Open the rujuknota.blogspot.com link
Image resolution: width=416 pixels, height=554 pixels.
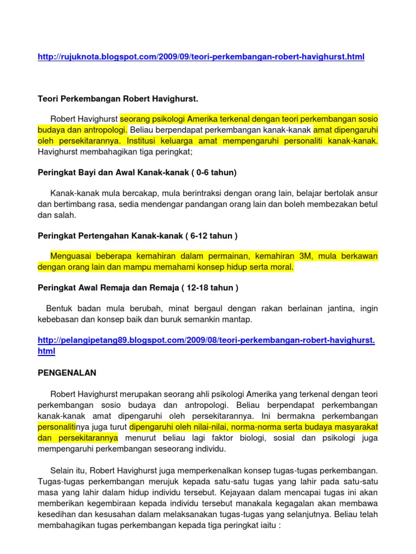click(x=201, y=57)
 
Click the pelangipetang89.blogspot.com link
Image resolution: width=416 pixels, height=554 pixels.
click(x=206, y=340)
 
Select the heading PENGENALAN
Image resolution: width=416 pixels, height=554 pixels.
click(x=67, y=373)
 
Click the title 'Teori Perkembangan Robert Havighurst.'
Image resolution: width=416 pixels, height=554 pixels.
click(x=118, y=100)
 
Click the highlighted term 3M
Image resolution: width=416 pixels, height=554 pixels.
click(x=304, y=256)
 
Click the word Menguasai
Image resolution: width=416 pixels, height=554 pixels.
click(x=71, y=256)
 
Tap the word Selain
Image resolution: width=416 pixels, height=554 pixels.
click(x=62, y=470)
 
